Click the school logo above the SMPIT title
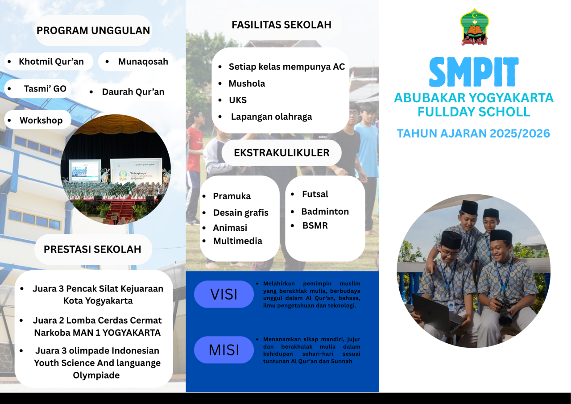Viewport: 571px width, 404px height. pyautogui.click(x=474, y=27)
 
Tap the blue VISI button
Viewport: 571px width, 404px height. pyautogui.click(x=224, y=294)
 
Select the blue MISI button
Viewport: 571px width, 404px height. pyautogui.click(x=224, y=350)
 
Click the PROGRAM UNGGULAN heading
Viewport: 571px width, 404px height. pyautogui.click(x=93, y=30)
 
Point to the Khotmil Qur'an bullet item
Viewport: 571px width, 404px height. pyautogui.click(x=49, y=62)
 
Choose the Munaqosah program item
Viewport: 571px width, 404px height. pyautogui.click(x=136, y=62)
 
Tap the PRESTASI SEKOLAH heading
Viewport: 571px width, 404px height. pyautogui.click(x=92, y=249)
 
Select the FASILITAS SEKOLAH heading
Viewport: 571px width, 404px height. pyautogui.click(x=281, y=25)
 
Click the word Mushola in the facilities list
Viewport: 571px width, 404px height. pyautogui.click(x=247, y=83)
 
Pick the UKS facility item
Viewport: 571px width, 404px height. pyautogui.click(x=238, y=100)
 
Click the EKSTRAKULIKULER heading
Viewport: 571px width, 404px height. pyautogui.click(x=281, y=153)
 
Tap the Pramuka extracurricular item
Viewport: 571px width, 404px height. pyautogui.click(x=232, y=196)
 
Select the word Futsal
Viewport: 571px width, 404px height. pyautogui.click(x=315, y=194)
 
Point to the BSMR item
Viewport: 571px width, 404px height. pyautogui.click(x=315, y=225)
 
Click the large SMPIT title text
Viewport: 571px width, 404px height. pyautogui.click(x=474, y=72)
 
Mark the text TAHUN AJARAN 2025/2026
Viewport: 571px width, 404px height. pyautogui.click(x=473, y=133)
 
